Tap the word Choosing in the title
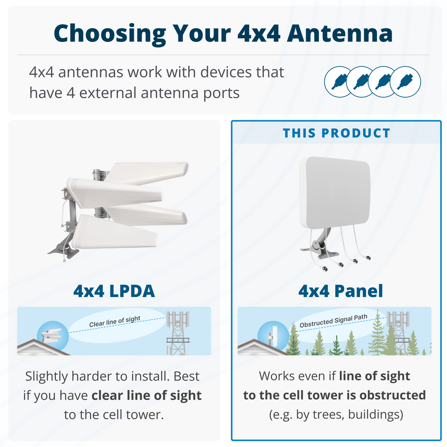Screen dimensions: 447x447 pyautogui.click(x=108, y=33)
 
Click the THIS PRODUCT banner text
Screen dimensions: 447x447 pyautogui.click(x=336, y=133)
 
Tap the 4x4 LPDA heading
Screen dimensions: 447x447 pyautogui.click(x=114, y=291)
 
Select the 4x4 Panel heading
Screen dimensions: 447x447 pyautogui.click(x=341, y=291)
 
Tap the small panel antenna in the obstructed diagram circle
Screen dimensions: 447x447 pyautogui.click(x=273, y=336)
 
